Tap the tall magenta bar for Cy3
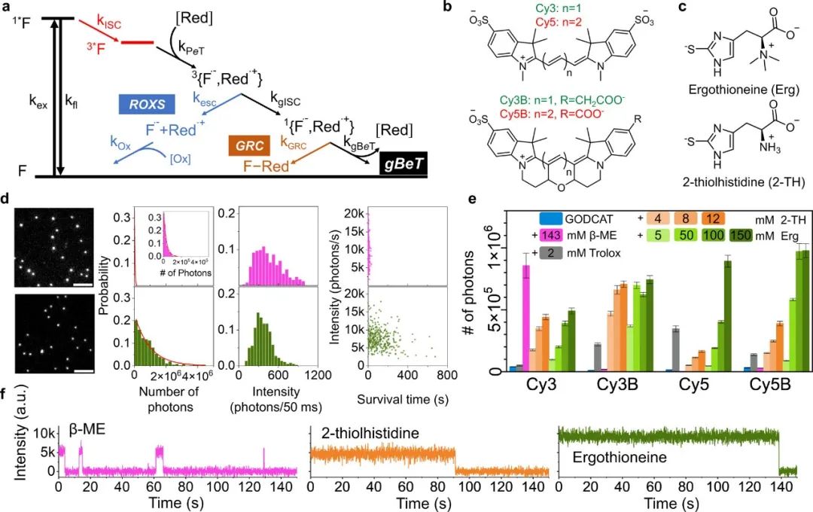coord(526,316)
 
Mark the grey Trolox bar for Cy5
coord(676,349)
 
